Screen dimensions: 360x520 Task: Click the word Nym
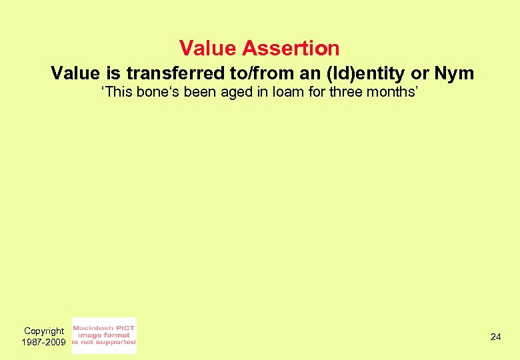coord(454,73)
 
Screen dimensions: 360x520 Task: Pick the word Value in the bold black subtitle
coord(75,73)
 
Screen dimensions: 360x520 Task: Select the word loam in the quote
coord(280,92)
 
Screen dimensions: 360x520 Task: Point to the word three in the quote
coord(345,92)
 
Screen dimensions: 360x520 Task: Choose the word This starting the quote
coord(117,92)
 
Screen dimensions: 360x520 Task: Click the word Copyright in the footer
coord(44,331)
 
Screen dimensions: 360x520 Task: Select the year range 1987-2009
coord(44,342)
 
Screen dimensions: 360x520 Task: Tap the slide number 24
coord(495,337)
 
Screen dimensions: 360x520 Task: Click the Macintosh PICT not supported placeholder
coord(104,335)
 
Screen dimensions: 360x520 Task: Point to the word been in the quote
coord(200,92)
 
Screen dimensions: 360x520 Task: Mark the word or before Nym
coord(420,73)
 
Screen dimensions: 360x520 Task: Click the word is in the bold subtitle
coord(113,73)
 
